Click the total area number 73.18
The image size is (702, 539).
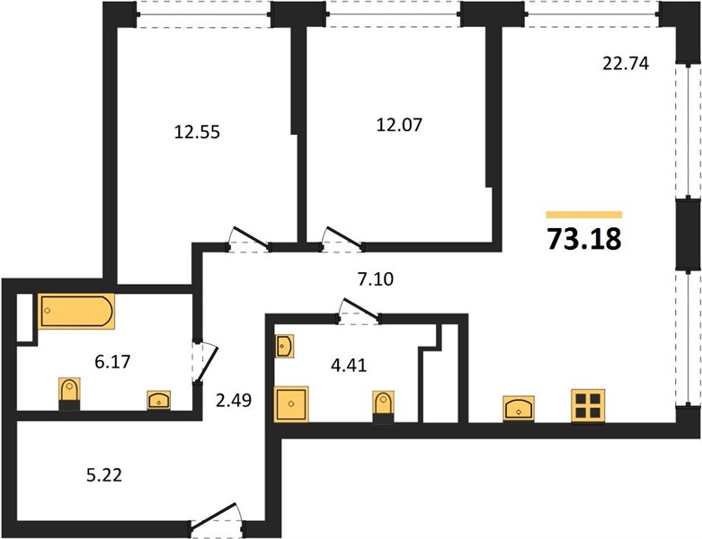click(x=584, y=238)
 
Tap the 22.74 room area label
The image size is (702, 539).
click(x=626, y=64)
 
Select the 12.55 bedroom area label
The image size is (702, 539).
click(x=197, y=132)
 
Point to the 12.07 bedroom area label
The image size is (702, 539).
click(x=399, y=124)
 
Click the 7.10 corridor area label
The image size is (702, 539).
click(x=376, y=278)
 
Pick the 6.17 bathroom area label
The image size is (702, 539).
click(x=112, y=361)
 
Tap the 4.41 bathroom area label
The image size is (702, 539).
click(x=349, y=365)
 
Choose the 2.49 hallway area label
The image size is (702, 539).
click(x=234, y=400)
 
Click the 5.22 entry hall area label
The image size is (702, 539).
click(x=104, y=474)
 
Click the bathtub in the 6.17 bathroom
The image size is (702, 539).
click(x=76, y=311)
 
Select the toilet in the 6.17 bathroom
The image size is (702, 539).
click(x=69, y=393)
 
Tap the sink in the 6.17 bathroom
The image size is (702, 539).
click(x=158, y=400)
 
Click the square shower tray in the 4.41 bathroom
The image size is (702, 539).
click(x=291, y=404)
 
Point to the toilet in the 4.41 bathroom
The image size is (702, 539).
click(x=383, y=407)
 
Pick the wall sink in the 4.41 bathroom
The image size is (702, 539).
click(x=284, y=346)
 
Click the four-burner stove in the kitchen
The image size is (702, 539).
click(x=588, y=406)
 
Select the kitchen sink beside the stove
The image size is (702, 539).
click(x=519, y=409)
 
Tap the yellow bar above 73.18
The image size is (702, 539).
click(x=584, y=215)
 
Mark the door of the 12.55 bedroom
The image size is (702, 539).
click(x=248, y=239)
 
